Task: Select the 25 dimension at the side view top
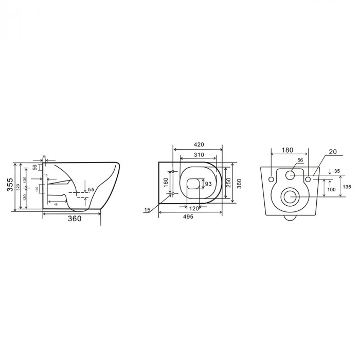point(44,156)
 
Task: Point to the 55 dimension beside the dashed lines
point(91,190)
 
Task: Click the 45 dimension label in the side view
point(55,204)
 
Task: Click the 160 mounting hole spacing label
point(166,183)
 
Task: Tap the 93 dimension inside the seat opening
point(208,184)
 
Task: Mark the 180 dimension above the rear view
point(288,150)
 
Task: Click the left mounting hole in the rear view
point(271,178)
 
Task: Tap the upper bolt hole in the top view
point(173,171)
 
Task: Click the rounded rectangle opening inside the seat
point(193,184)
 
